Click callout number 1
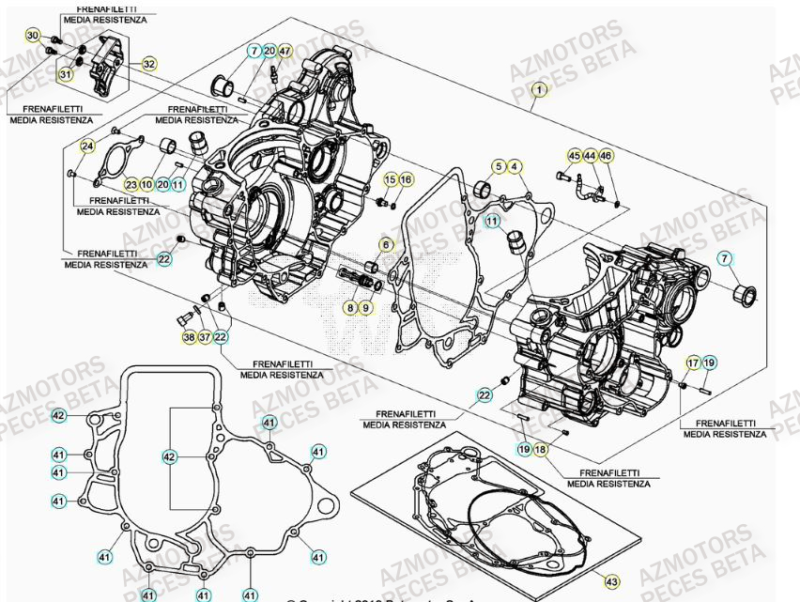pyautogui.click(x=538, y=89)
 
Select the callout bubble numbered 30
pyautogui.click(x=32, y=36)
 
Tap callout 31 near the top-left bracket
pyautogui.click(x=66, y=74)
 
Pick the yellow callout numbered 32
pyautogui.click(x=149, y=64)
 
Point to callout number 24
pyautogui.click(x=87, y=146)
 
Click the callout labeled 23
pyautogui.click(x=131, y=185)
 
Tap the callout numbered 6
pyautogui.click(x=385, y=244)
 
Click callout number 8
pyautogui.click(x=350, y=307)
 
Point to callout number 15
pyautogui.click(x=390, y=179)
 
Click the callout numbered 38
pyautogui.click(x=189, y=337)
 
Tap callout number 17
pyautogui.click(x=693, y=362)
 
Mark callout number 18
pyautogui.click(x=540, y=450)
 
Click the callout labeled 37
pyautogui.click(x=205, y=337)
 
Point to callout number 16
pyautogui.click(x=406, y=179)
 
